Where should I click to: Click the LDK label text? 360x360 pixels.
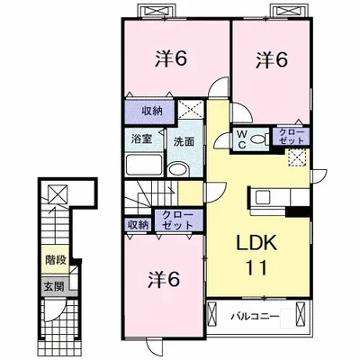coord(256,242)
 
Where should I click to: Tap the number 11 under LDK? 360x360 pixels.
coord(256,267)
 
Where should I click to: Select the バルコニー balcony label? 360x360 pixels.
coord(256,316)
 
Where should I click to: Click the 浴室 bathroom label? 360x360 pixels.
coord(142,139)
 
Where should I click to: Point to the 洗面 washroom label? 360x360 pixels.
coord(184,141)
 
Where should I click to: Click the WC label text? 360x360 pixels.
coord(242,139)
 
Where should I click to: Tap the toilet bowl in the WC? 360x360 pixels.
coord(257,139)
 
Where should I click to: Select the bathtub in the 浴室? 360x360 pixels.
coord(144,165)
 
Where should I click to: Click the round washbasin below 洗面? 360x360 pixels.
coord(178,169)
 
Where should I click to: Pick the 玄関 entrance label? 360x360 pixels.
coord(54,287)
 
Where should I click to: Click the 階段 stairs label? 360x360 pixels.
coord(56,260)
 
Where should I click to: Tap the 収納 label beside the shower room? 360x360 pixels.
coord(152,112)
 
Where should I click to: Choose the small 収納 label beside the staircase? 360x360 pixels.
coord(138,225)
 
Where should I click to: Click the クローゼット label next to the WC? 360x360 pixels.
coord(290,136)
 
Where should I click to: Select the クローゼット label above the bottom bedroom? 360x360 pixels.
coord(177,220)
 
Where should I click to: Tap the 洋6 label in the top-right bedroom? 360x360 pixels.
coord(272,60)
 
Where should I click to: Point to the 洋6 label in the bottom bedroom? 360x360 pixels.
coord(164,280)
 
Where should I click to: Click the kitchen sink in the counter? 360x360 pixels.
coord(263,198)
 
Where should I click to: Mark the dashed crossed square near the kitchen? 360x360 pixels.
coord(297,157)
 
